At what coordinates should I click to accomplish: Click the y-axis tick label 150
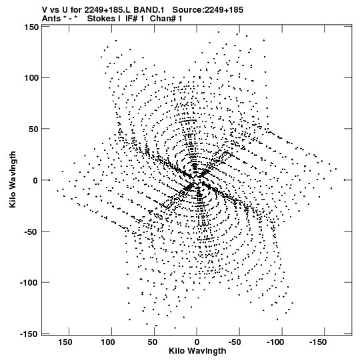(x=31, y=27)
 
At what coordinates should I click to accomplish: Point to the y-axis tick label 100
(x=31, y=78)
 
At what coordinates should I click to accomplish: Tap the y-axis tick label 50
(x=33, y=129)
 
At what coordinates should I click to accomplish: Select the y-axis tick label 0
(x=35, y=180)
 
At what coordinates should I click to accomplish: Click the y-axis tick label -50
(x=31, y=232)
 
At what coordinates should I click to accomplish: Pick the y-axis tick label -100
(x=29, y=283)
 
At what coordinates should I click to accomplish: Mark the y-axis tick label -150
(x=29, y=334)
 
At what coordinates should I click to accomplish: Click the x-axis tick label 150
(x=65, y=342)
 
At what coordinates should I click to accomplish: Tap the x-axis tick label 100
(x=107, y=342)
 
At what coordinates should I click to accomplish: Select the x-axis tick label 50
(x=152, y=342)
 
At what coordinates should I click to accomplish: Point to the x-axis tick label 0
(x=197, y=342)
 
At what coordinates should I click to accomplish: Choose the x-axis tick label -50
(x=235, y=342)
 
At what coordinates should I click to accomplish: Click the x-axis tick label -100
(x=275, y=342)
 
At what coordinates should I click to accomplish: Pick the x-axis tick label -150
(x=318, y=342)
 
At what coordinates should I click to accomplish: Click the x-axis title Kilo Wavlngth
(x=197, y=352)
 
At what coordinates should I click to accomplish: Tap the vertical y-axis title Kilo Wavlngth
(x=13, y=179)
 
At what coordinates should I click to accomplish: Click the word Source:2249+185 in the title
(x=208, y=10)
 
